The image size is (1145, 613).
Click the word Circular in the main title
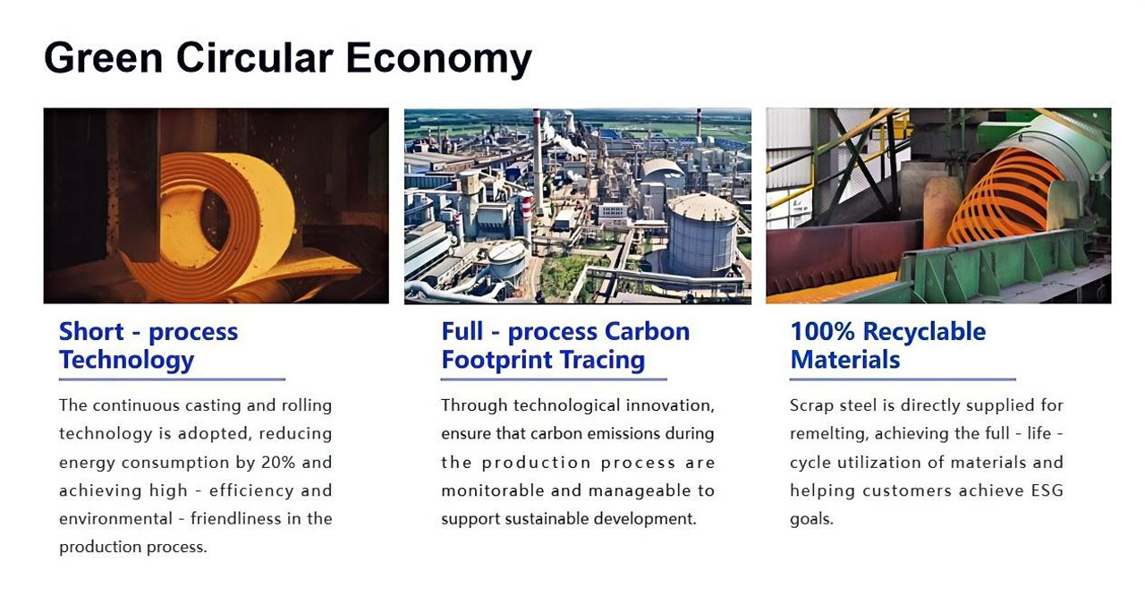[x=255, y=57]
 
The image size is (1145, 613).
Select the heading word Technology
[x=127, y=361]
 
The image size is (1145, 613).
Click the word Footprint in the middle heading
[x=495, y=360]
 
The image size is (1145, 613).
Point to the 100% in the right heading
[x=822, y=331]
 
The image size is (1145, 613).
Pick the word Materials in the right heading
[x=845, y=360]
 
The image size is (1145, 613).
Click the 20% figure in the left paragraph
[x=278, y=462]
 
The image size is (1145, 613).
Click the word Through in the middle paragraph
[x=474, y=406]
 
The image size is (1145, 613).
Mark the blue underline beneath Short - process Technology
[x=173, y=379]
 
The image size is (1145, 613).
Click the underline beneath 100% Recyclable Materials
[x=903, y=379]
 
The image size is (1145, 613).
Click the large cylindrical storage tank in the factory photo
[x=702, y=235]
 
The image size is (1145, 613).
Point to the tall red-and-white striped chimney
[x=537, y=161]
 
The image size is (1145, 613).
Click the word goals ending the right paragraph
[x=811, y=520]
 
